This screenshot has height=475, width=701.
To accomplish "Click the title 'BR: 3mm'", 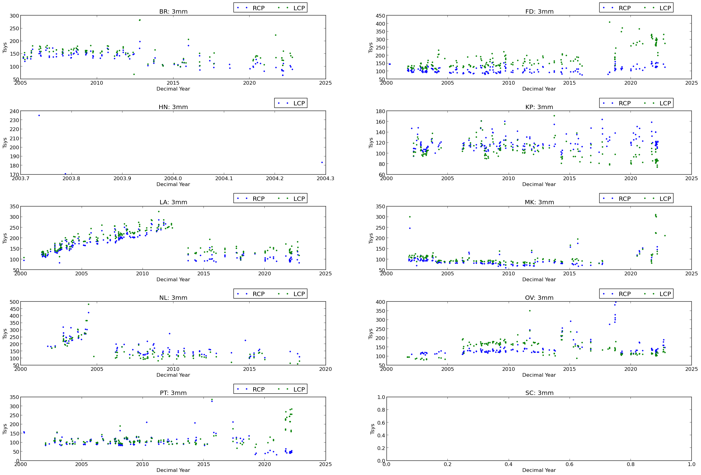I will click(x=173, y=12).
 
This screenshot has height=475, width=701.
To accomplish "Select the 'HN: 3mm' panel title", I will click(x=173, y=107).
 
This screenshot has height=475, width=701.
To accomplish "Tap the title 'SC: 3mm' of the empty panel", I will click(x=539, y=393).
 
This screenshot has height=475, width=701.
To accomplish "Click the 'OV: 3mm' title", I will click(x=539, y=298).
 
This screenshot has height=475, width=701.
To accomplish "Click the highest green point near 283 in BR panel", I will click(x=140, y=20).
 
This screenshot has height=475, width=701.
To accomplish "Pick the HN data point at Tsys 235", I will click(x=39, y=116).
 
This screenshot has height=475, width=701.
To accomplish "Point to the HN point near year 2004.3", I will click(x=322, y=162).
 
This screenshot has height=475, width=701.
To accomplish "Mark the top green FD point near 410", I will click(x=609, y=22).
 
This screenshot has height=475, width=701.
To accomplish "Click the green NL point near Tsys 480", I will click(x=88, y=304).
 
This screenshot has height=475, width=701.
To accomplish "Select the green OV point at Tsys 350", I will click(x=530, y=311).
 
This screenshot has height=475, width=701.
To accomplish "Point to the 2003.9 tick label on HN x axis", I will click(x=122, y=178).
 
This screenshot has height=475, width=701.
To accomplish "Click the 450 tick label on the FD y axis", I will click(x=381, y=16).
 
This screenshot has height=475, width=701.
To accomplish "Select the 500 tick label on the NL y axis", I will click(x=15, y=302).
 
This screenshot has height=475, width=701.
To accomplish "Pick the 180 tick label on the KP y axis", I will click(x=381, y=111).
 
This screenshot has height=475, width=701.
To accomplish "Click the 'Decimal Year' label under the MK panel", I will click(x=539, y=280).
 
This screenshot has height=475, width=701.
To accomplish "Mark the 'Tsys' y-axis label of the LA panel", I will click(x=5, y=238).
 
